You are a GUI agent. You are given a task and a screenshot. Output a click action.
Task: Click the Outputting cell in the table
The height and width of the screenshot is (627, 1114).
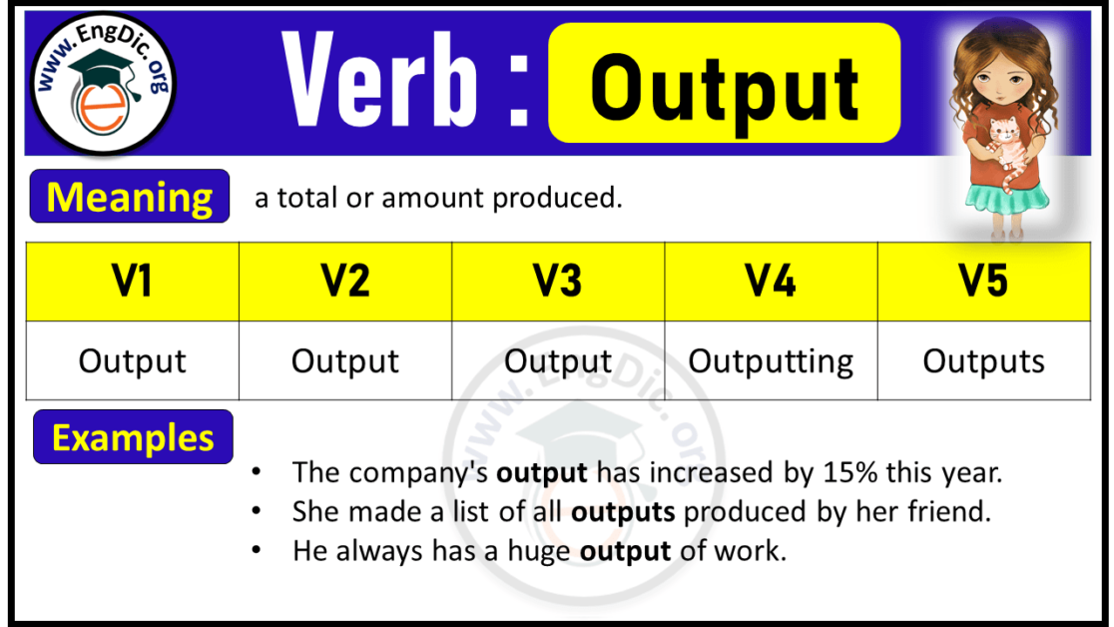771,360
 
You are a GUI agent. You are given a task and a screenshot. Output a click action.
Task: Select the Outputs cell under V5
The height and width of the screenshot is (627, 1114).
983,360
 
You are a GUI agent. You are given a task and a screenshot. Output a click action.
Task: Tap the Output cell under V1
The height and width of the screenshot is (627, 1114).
132,360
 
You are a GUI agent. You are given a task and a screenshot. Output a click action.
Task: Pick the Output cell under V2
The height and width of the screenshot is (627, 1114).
345,360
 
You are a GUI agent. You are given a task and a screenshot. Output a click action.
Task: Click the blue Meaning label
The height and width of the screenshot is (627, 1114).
130,197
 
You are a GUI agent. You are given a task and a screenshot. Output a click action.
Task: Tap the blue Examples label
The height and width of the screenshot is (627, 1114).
133,437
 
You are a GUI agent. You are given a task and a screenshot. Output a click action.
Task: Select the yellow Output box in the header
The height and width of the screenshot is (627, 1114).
725,85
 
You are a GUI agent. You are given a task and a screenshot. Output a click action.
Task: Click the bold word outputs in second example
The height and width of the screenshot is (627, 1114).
623,511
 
